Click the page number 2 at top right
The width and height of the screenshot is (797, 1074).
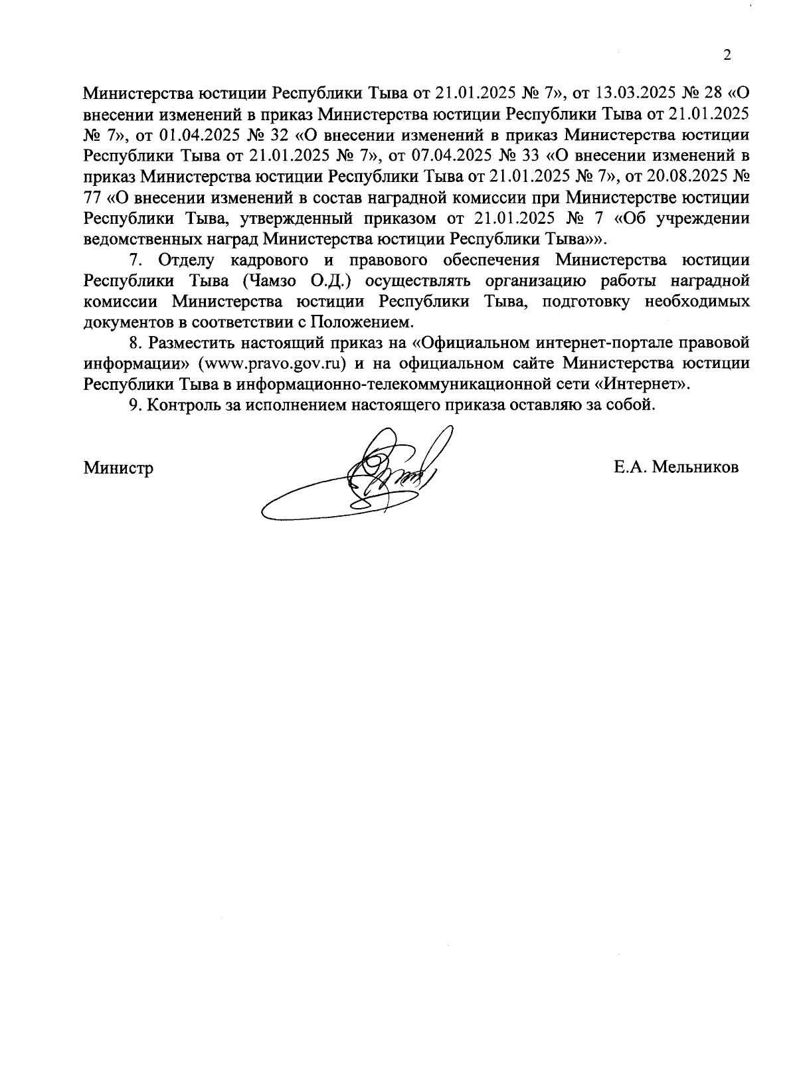pos(727,55)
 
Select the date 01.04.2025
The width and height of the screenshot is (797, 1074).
pos(199,135)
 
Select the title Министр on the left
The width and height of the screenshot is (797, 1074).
pos(118,468)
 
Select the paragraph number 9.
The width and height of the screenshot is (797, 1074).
pos(133,405)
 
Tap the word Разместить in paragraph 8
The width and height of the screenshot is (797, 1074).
pos(191,343)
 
